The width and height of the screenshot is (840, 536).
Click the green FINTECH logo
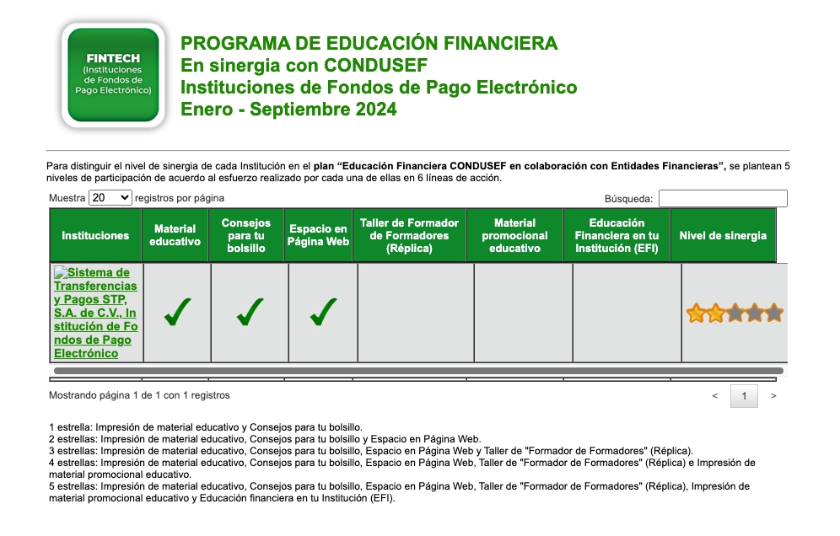pyautogui.click(x=113, y=75)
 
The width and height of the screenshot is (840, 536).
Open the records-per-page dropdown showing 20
pyautogui.click(x=110, y=198)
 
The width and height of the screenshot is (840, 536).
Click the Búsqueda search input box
pyautogui.click(x=723, y=198)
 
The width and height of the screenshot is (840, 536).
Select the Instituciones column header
pyautogui.click(x=95, y=236)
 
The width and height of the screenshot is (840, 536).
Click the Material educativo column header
pyautogui.click(x=175, y=236)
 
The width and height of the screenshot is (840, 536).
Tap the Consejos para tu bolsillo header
pyautogui.click(x=246, y=236)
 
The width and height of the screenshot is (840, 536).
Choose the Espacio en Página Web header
pyautogui.click(x=318, y=236)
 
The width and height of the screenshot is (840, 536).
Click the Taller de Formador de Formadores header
pyautogui.click(x=409, y=236)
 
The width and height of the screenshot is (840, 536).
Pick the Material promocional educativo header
pyautogui.click(x=514, y=236)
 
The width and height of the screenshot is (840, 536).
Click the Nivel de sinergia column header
pyautogui.click(x=723, y=236)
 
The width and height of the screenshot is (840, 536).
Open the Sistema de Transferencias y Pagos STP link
pyautogui.click(x=95, y=313)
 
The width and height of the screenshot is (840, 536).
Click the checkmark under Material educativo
pyautogui.click(x=176, y=312)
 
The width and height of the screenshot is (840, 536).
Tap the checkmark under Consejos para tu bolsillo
pyautogui.click(x=250, y=312)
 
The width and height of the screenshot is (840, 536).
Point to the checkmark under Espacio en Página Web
pyautogui.click(x=323, y=312)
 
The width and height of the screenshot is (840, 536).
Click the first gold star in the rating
pyautogui.click(x=696, y=314)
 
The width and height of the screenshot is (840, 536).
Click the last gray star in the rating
pyautogui.click(x=774, y=314)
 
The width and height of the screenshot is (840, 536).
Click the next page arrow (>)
pyautogui.click(x=773, y=395)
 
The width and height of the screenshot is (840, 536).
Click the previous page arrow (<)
pyautogui.click(x=715, y=395)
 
